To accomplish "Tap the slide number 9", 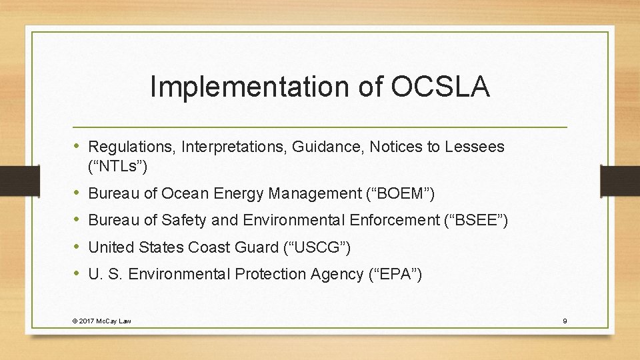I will click(565, 321).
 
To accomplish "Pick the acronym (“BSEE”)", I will click(475, 221).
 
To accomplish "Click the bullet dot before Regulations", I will click(78, 145).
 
